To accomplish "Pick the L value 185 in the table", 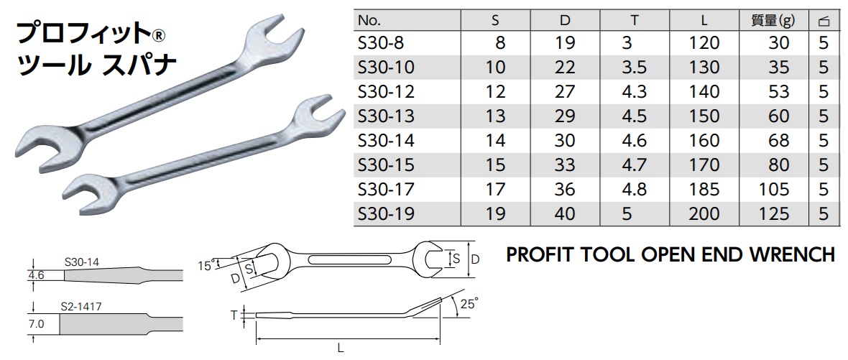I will (x=704, y=189).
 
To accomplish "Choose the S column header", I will (x=495, y=20).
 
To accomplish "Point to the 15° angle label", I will (x=207, y=265).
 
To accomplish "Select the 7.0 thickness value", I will (x=37, y=324).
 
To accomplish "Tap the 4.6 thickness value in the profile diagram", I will (x=37, y=274).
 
